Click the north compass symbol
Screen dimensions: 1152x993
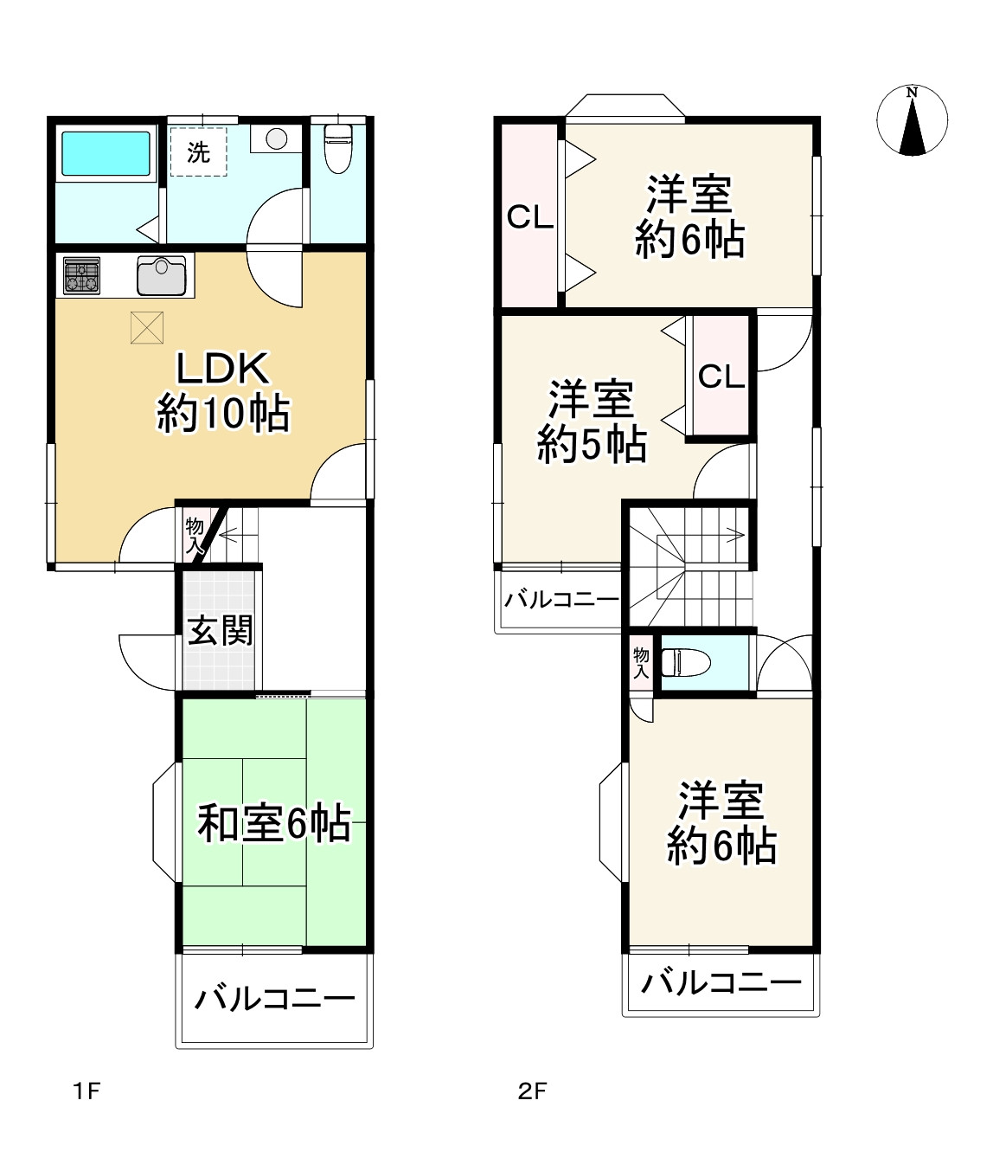pos(912,120)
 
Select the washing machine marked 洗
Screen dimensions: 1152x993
pos(198,151)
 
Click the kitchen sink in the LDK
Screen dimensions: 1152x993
pos(162,275)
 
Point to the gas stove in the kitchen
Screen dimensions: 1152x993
pos(82,276)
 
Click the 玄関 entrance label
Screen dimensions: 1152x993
pos(221,629)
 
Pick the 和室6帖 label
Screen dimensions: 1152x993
pos(274,822)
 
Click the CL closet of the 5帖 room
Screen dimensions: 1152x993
pos(721,376)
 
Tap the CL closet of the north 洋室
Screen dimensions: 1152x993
pos(529,216)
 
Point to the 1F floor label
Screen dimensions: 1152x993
pos(86,1091)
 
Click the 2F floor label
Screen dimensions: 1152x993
pos(533,1091)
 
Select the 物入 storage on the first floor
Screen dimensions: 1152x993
pos(195,534)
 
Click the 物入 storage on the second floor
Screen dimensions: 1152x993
pos(641,663)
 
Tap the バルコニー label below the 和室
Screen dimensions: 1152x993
pos(275,1000)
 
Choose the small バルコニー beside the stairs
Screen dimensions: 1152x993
pos(561,599)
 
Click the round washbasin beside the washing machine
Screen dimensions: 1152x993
pos(277,138)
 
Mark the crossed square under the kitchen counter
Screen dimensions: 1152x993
pos(146,327)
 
